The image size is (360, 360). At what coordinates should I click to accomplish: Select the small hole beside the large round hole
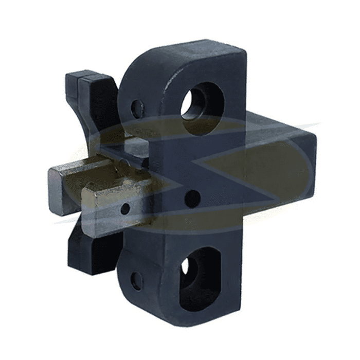[x=137, y=109]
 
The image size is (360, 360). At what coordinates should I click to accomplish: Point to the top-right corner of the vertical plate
[x=245, y=47]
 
